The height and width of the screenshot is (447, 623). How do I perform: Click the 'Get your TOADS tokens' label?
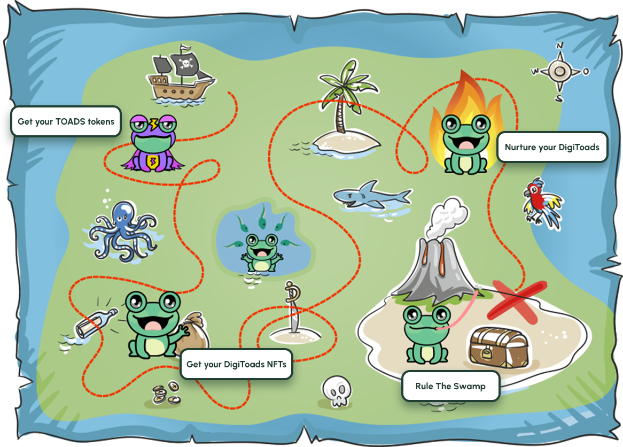tap(66, 121)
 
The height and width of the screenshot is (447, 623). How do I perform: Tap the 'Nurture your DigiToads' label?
tap(552, 147)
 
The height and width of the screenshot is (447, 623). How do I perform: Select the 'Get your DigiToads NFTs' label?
tap(236, 365)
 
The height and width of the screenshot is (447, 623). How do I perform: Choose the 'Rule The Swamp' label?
tap(450, 386)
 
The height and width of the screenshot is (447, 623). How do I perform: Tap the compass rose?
tap(559, 71)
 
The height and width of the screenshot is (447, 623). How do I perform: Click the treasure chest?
tap(498, 348)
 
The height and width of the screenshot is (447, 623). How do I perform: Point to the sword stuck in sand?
tap(293, 307)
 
